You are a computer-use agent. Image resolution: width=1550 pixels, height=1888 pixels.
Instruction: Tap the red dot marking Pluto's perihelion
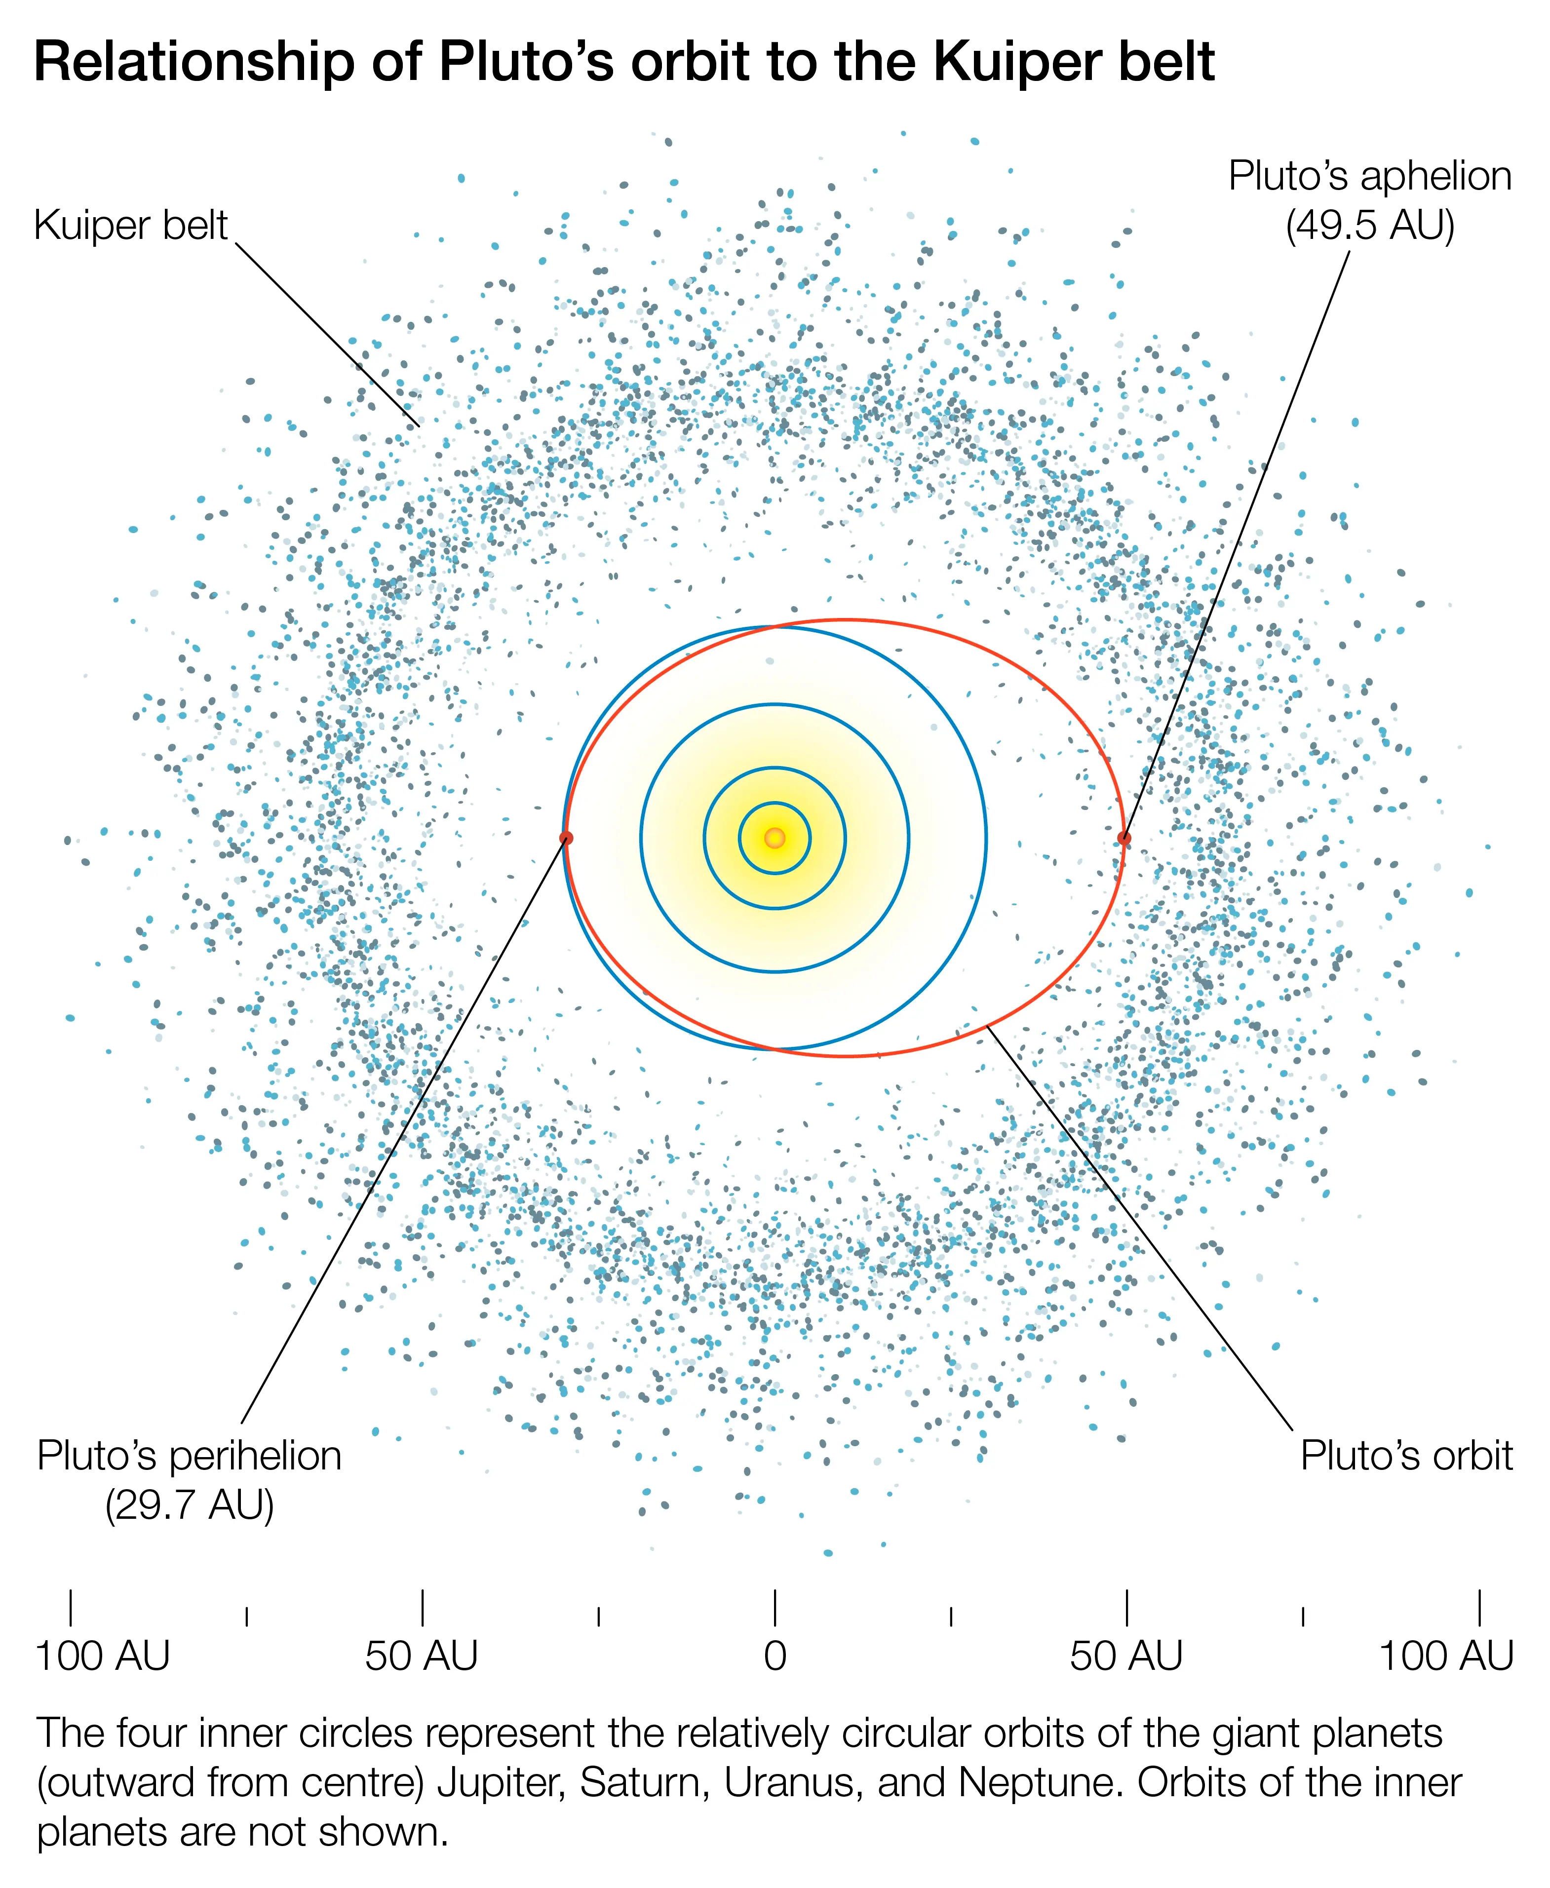click(x=565, y=837)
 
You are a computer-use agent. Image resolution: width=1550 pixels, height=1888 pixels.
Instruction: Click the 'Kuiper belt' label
click(x=130, y=225)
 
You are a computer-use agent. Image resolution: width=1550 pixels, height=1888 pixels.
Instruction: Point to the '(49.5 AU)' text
click(x=1370, y=225)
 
